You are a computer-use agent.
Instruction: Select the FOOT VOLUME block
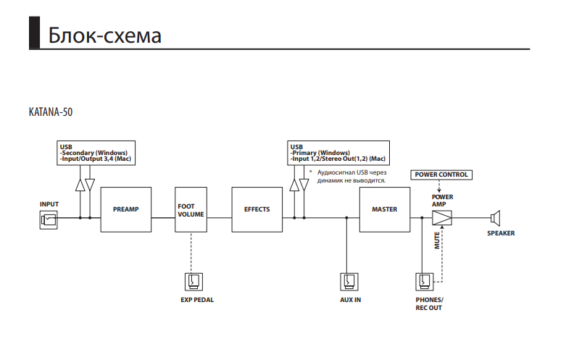click(x=191, y=210)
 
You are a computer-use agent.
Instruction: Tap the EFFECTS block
click(x=257, y=210)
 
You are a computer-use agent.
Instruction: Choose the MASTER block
click(x=384, y=210)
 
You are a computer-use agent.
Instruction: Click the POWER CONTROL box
click(x=440, y=175)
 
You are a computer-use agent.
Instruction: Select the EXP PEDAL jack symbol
click(x=194, y=281)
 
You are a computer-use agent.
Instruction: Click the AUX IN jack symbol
click(x=349, y=281)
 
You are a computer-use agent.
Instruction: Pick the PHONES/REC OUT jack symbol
click(x=425, y=281)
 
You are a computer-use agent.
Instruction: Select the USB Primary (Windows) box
click(x=337, y=153)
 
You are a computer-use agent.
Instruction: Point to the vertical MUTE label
click(x=438, y=240)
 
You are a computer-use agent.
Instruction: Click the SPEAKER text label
click(x=501, y=233)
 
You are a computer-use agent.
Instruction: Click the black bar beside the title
click(x=33, y=33)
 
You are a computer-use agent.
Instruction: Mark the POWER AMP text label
click(x=442, y=200)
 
